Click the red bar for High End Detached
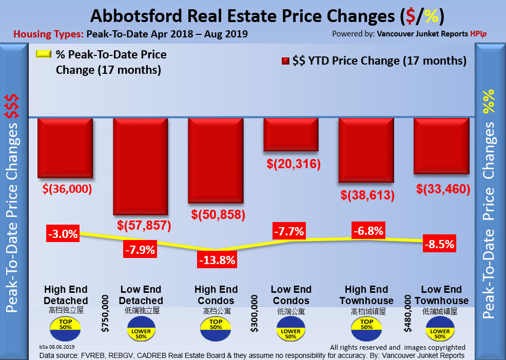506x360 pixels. [65, 148]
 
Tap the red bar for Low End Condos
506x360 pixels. [291, 134]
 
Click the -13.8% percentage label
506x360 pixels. [217, 259]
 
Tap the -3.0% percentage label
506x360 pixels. [63, 234]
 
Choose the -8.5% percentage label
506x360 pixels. [439, 244]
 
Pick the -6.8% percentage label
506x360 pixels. [368, 231]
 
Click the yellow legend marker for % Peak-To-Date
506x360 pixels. [44, 54]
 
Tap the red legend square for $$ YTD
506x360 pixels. [285, 61]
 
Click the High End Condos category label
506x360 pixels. [216, 295]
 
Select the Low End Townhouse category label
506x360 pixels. [441, 295]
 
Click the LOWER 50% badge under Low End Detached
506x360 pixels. [141, 330]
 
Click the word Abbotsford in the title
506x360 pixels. [134, 16]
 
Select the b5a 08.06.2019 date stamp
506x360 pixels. [57, 347]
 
